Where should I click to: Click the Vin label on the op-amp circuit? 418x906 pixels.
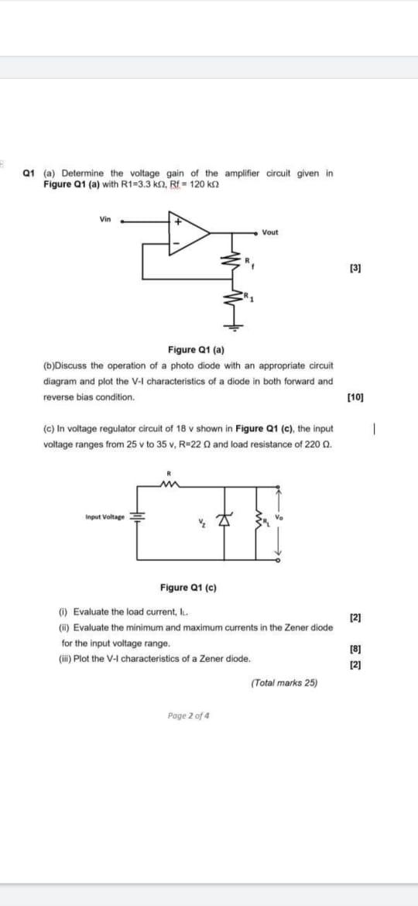click(104, 219)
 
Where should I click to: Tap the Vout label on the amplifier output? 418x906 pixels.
click(270, 232)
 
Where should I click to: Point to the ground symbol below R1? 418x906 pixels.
click(230, 326)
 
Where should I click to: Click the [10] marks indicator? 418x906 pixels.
click(356, 396)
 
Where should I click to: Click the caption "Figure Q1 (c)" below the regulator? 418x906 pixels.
click(189, 588)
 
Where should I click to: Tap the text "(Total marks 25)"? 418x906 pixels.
click(285, 683)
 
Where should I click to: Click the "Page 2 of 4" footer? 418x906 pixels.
click(188, 715)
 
